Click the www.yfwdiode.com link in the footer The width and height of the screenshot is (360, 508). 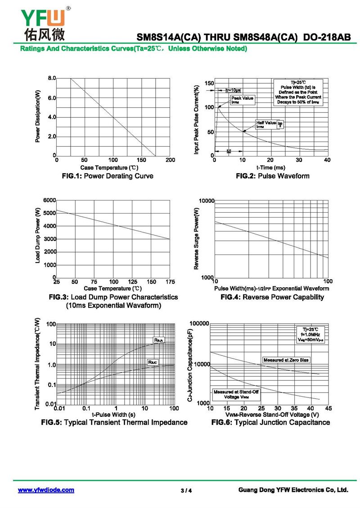point(46,490)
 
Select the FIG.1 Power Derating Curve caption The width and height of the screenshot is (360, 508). point(107,176)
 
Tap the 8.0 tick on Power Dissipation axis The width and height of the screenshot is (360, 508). point(52,78)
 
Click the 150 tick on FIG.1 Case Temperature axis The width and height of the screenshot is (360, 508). point(142,160)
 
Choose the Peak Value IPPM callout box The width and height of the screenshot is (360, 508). point(242,100)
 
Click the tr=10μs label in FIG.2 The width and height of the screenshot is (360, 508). point(233,90)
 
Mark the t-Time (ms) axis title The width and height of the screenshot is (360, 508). point(271,167)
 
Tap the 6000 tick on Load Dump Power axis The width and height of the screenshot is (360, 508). point(49,200)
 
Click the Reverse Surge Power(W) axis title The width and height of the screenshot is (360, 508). point(196,239)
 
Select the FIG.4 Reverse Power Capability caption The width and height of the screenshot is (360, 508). point(272,297)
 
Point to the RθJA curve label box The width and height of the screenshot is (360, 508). point(158,340)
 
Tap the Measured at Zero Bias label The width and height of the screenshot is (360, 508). point(286,360)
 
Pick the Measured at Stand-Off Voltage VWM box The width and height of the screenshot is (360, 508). point(236,394)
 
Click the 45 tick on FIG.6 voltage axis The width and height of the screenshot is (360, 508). point(328,408)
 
